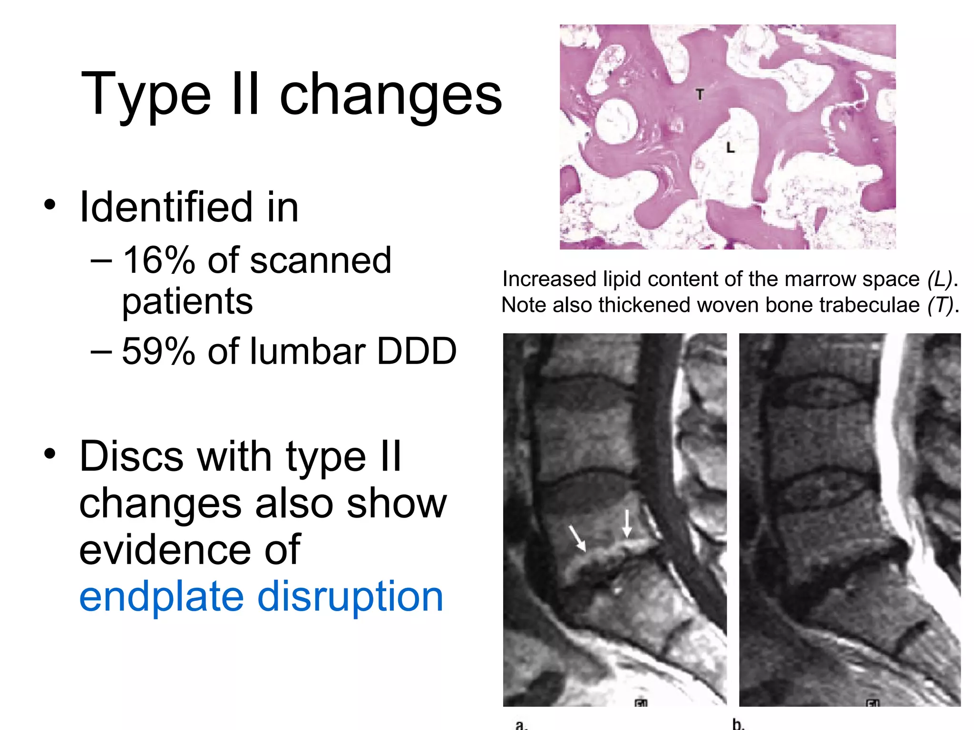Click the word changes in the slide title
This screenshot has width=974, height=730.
[390, 95]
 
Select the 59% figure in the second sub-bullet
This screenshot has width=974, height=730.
[158, 351]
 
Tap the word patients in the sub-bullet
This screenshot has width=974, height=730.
[187, 301]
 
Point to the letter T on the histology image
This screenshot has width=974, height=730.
[700, 95]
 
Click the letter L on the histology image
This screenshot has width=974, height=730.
[730, 148]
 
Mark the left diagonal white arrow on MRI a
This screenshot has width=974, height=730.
[577, 538]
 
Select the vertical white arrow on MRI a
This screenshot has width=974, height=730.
[627, 523]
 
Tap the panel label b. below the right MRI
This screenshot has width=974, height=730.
[738, 724]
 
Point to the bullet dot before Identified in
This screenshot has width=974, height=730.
[49, 205]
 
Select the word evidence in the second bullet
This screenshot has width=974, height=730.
[190, 550]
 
